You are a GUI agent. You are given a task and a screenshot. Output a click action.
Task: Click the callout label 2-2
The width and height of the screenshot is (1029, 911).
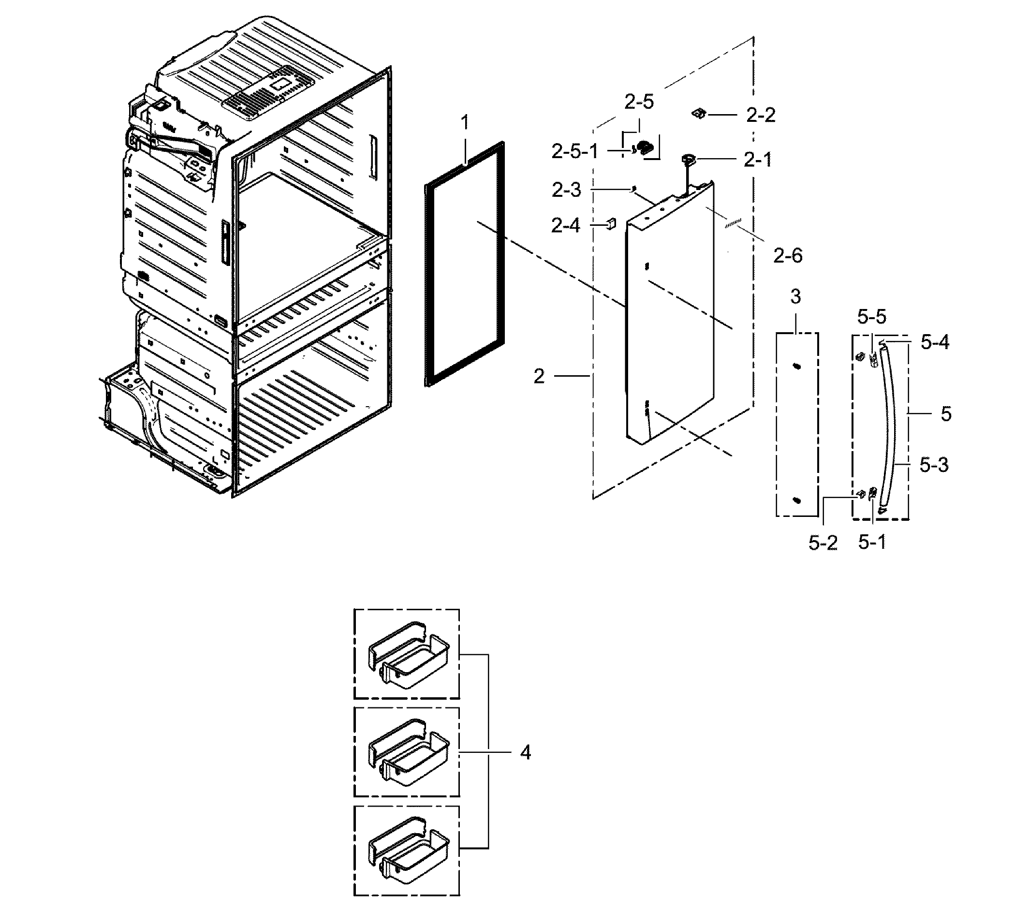pos(760,116)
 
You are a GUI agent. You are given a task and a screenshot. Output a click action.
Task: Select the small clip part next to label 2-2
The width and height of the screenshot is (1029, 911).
pos(698,114)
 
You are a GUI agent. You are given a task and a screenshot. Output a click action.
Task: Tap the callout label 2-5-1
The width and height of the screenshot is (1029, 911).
pos(574,151)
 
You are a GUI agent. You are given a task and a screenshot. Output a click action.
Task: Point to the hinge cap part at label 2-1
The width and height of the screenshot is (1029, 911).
pos(688,160)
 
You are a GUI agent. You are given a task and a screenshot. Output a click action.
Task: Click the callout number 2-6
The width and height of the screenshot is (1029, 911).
pos(788,256)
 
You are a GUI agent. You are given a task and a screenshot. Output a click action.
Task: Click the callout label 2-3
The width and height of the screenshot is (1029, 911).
pos(566,190)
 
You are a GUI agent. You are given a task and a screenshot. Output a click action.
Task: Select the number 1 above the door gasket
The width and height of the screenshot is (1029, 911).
pos(465,122)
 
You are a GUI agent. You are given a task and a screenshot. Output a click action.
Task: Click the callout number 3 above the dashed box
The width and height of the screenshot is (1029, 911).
pos(795,297)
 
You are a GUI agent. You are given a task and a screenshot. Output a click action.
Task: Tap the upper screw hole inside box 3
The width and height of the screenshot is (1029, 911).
pos(796,367)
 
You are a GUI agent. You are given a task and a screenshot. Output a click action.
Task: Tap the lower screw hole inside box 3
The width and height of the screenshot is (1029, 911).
pos(796,500)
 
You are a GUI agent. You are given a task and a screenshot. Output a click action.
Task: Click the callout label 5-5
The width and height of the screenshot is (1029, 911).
pos(872,317)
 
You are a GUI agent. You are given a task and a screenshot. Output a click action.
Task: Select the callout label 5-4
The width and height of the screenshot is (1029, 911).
pos(935,342)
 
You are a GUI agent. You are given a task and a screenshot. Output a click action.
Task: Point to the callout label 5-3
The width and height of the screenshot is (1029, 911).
pos(934,465)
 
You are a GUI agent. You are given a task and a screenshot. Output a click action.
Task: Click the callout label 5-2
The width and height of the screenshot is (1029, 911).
pos(823,543)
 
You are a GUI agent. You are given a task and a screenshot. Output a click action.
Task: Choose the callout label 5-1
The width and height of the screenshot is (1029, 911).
pos(872,542)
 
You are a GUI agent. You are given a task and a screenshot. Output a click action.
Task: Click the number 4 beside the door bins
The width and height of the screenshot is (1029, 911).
pos(525,752)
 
